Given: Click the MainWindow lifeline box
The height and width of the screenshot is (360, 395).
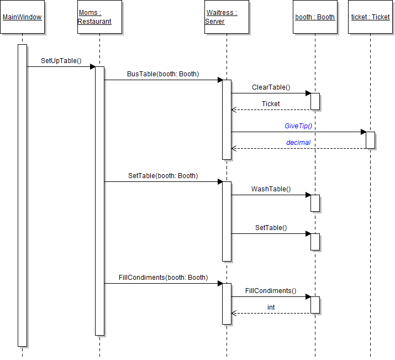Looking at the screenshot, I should (x=22, y=17).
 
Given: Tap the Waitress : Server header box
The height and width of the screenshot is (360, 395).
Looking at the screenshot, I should (x=227, y=17).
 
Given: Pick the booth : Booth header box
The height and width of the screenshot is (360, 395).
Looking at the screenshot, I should (x=315, y=17).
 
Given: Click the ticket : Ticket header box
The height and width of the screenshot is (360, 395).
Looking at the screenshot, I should (x=370, y=17).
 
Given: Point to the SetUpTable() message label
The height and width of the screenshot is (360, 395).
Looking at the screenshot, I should (x=61, y=60).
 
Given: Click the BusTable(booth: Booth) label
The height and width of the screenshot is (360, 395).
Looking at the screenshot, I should (x=162, y=74).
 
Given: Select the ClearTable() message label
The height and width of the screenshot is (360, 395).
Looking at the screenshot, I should (x=271, y=87).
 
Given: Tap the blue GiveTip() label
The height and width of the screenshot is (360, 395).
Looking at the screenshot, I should (x=298, y=126).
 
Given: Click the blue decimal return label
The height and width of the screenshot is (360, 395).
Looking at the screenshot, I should (x=298, y=142).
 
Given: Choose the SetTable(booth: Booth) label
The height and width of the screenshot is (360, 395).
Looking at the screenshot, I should (x=162, y=175).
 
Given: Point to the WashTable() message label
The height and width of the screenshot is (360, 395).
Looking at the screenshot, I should (x=271, y=189).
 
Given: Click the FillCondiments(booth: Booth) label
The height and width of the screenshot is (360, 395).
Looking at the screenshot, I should (x=163, y=277).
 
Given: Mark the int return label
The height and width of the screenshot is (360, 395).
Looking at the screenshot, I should (x=271, y=307).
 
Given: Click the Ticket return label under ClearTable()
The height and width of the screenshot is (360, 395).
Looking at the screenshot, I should (x=271, y=103).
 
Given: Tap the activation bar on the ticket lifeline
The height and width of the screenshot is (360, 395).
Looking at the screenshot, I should (x=370, y=140).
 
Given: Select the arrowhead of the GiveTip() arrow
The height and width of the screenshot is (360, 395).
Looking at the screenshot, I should (x=364, y=132).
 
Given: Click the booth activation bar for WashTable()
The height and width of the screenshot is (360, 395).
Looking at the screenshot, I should (x=315, y=203).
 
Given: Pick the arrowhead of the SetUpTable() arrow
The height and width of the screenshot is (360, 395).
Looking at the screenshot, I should (x=93, y=66).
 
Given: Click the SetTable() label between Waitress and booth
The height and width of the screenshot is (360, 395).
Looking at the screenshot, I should (x=271, y=227).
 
